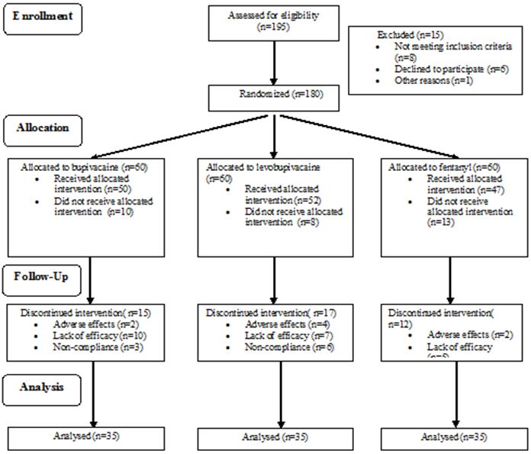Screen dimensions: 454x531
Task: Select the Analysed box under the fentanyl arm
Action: [x=456, y=438]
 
